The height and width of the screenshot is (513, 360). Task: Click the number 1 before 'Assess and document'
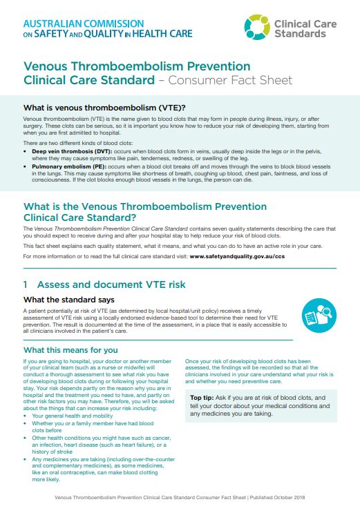click(26, 284)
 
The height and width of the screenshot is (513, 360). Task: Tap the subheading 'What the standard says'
click(69, 300)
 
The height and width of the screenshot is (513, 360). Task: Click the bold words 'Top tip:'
click(206, 398)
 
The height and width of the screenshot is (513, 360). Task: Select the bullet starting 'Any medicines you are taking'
click(88, 458)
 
